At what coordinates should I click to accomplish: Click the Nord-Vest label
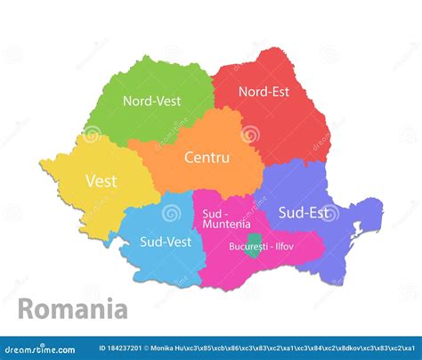click(x=151, y=101)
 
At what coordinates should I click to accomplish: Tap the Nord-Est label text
click(x=264, y=90)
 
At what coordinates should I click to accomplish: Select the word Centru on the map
click(x=207, y=158)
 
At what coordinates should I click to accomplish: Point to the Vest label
click(x=101, y=181)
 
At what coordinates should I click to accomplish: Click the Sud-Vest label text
click(x=166, y=241)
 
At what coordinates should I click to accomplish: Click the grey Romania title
click(x=73, y=310)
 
